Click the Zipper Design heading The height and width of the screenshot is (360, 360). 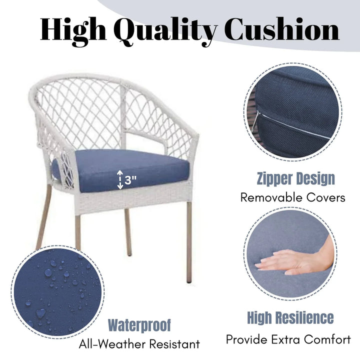point(295,178)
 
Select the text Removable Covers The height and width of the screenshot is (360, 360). point(292,197)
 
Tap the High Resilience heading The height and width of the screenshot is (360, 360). point(290,317)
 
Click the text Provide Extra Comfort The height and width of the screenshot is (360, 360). point(288,339)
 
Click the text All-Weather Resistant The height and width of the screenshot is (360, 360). point(139,344)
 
